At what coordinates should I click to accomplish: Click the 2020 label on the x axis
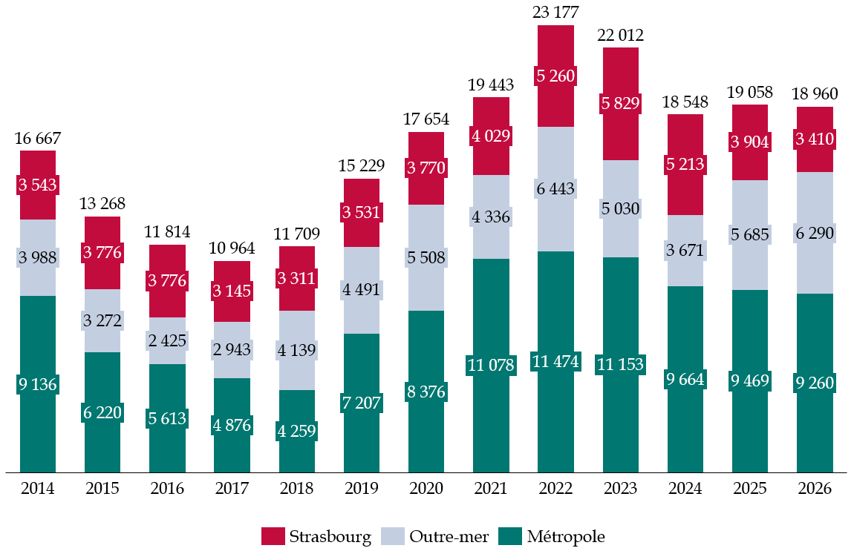pyautogui.click(x=426, y=489)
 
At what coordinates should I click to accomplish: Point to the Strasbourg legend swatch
pyautogui.click(x=273, y=536)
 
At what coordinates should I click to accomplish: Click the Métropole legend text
pyautogui.click(x=566, y=536)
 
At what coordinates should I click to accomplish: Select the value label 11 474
pyautogui.click(x=555, y=363)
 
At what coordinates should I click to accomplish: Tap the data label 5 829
pyautogui.click(x=620, y=104)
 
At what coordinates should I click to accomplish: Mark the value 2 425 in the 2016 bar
pyautogui.click(x=167, y=341)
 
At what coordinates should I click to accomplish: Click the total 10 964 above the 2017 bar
pyautogui.click(x=232, y=249)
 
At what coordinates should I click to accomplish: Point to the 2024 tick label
pyautogui.click(x=685, y=489)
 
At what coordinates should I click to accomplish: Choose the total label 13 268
pyautogui.click(x=102, y=204)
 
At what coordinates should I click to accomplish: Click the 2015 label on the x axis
pyautogui.click(x=102, y=489)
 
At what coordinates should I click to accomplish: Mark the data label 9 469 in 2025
pyautogui.click(x=750, y=381)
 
